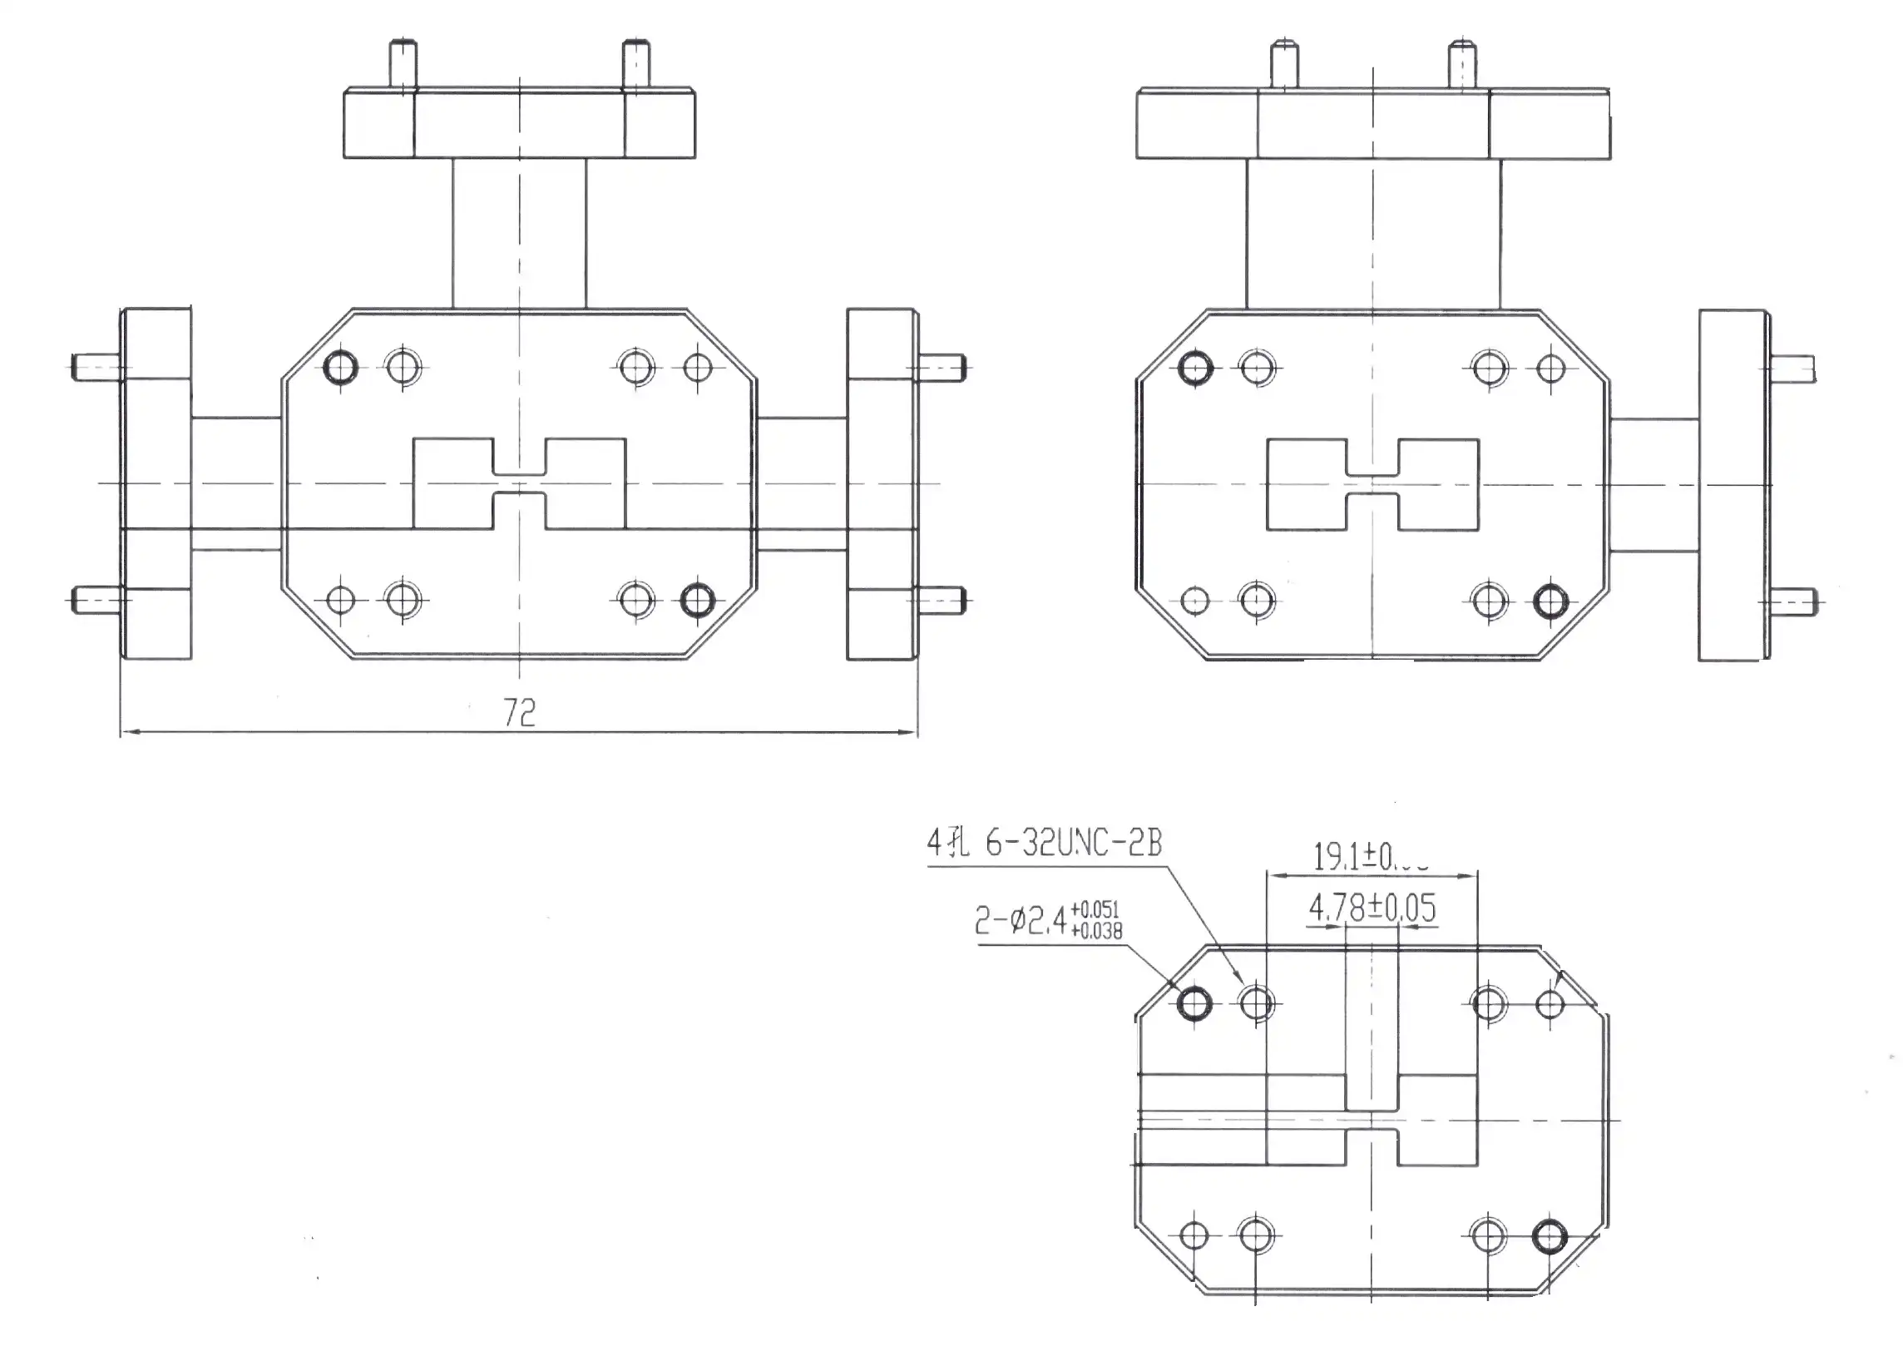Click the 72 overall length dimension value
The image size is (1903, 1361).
pyautogui.click(x=520, y=712)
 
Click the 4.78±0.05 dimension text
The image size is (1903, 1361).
pyautogui.click(x=1372, y=908)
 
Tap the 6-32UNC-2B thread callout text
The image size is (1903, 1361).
pyautogui.click(x=1074, y=843)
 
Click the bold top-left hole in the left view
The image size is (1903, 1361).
pyautogui.click(x=340, y=367)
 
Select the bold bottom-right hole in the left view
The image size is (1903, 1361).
pyautogui.click(x=698, y=600)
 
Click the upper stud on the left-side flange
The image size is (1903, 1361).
pyautogui.click(x=96, y=367)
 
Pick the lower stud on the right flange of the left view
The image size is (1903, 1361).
pyautogui.click(x=943, y=600)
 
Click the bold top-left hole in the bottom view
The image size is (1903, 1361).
pyautogui.click(x=1194, y=1003)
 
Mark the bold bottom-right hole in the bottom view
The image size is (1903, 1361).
pyautogui.click(x=1550, y=1236)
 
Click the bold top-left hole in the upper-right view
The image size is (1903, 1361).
pyautogui.click(x=1195, y=369)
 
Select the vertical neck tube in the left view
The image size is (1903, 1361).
pyautogui.click(x=520, y=233)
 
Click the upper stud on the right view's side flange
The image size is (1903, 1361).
pyautogui.click(x=1792, y=369)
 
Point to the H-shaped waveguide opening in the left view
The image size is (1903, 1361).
pyautogui.click(x=520, y=483)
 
